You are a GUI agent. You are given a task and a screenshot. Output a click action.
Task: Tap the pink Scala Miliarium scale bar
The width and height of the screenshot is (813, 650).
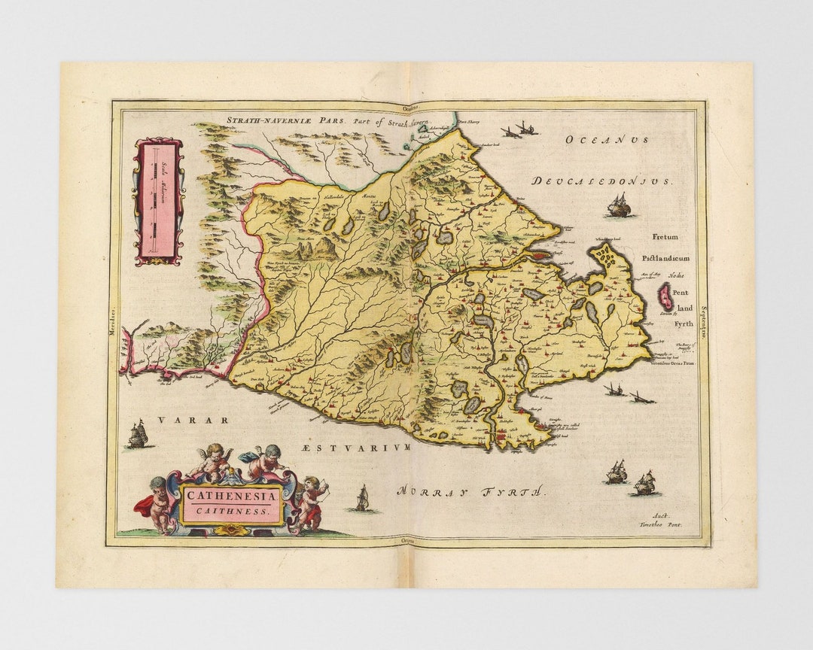click(158, 201)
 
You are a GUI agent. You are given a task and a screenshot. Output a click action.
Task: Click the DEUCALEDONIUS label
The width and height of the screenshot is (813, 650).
click(602, 181)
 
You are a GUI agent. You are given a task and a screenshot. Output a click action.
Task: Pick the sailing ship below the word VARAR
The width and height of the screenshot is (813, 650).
click(137, 434)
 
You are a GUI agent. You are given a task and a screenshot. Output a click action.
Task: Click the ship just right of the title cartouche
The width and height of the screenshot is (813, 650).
click(362, 498)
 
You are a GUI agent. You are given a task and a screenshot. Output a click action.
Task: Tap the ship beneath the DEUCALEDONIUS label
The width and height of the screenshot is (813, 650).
click(619, 205)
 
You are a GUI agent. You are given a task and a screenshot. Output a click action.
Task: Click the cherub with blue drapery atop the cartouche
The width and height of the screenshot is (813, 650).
click(263, 460)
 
